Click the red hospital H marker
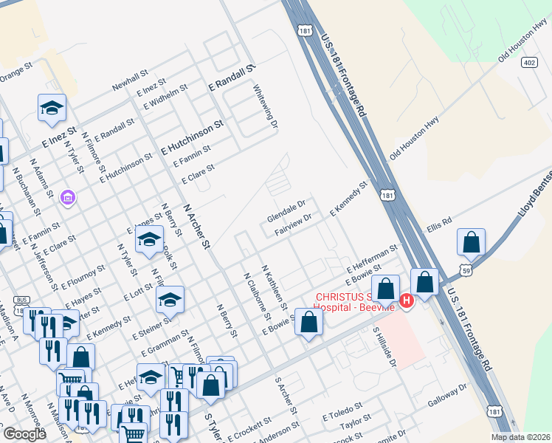(406, 301)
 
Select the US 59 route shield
(466, 272)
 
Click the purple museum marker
(68, 199)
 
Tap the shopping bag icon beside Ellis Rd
(471, 242)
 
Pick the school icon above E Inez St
(52, 109)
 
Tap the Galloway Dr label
(448, 396)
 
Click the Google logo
(24, 434)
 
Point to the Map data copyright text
(520, 437)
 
